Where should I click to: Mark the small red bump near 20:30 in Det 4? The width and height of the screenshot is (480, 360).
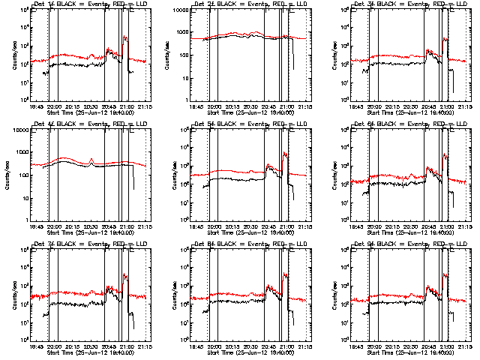90,160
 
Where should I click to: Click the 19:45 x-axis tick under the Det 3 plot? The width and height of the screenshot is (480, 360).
357,106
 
